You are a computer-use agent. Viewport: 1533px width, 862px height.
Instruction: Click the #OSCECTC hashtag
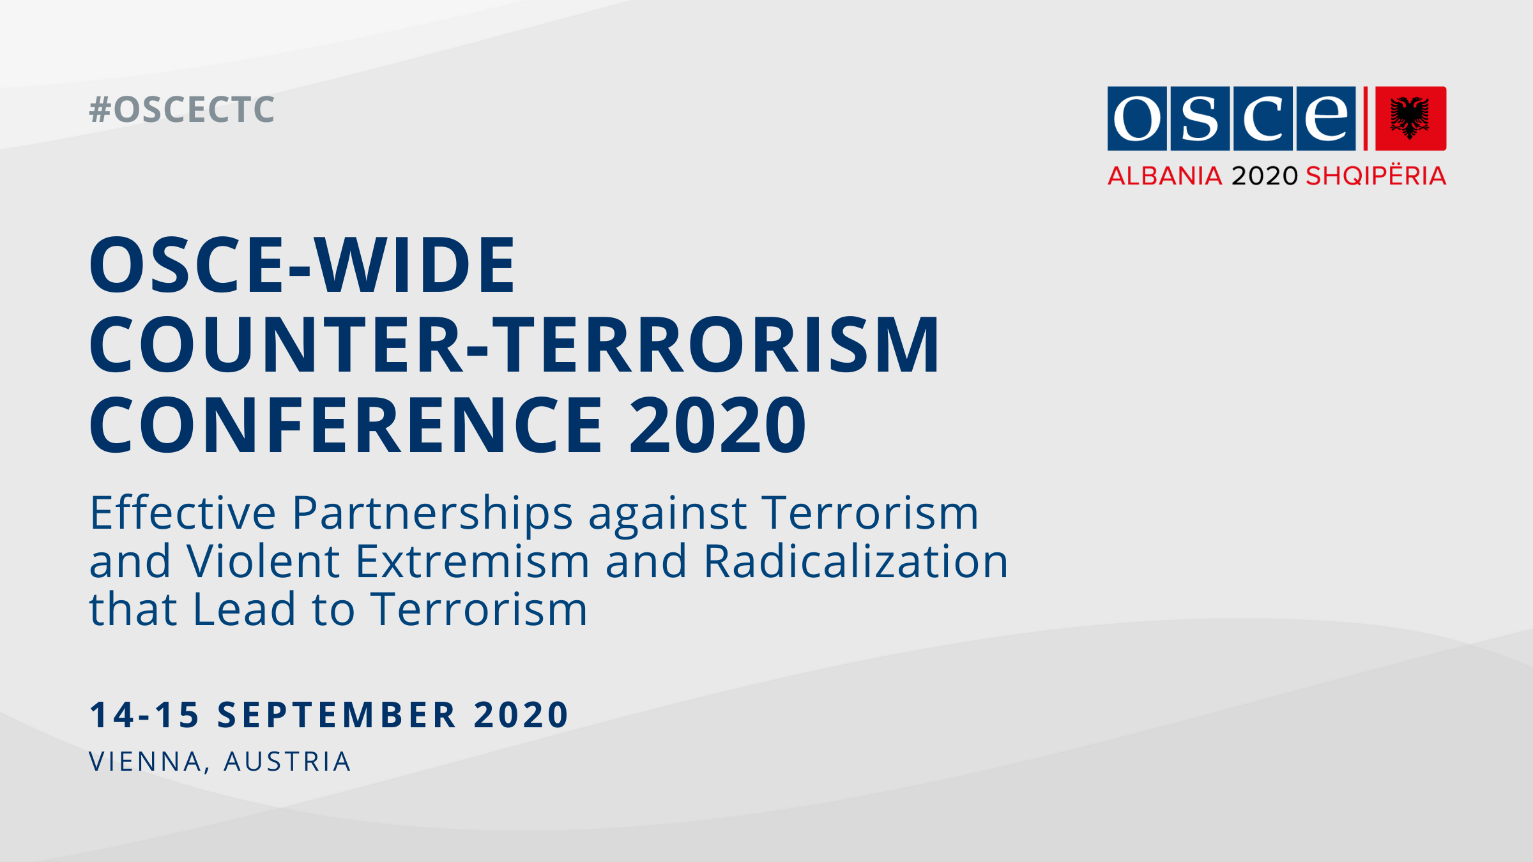click(x=182, y=110)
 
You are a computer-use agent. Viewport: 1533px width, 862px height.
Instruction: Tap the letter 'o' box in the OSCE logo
click(x=1138, y=118)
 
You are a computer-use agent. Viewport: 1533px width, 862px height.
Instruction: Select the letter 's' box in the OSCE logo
click(x=1200, y=118)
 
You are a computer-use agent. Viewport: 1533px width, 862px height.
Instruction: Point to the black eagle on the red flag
click(x=1410, y=118)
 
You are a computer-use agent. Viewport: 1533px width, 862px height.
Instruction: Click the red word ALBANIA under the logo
click(x=1165, y=176)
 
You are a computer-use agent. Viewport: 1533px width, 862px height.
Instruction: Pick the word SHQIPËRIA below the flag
click(x=1376, y=174)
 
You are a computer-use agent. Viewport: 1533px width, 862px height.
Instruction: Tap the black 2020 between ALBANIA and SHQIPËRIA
click(x=1265, y=176)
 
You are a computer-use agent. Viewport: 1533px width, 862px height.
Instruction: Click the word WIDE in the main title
click(x=415, y=264)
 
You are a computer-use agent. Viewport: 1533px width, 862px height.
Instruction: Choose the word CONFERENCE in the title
click(x=346, y=425)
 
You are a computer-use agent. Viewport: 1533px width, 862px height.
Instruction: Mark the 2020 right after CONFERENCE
click(x=718, y=425)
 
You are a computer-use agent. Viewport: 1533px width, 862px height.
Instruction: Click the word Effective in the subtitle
click(x=183, y=512)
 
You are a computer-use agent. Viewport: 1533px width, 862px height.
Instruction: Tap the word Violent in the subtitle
click(x=263, y=561)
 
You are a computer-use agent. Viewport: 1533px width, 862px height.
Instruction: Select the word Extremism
click(x=473, y=561)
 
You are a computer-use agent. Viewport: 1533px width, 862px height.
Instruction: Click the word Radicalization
click(x=856, y=561)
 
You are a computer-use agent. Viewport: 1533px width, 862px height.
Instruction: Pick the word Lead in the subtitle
click(x=244, y=609)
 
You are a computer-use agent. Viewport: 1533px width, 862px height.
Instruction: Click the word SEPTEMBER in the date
click(x=337, y=715)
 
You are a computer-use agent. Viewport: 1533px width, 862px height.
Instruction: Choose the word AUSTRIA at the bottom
click(x=287, y=762)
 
